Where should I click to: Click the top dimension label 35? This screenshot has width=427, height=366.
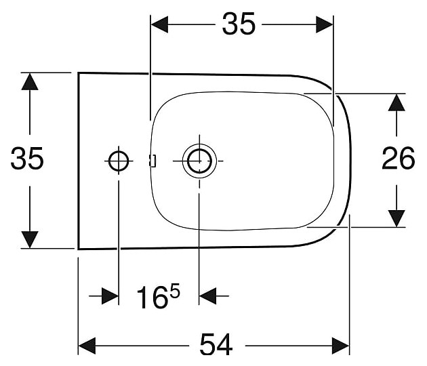tap(239, 24)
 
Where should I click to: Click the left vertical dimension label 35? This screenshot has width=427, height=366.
tap(27, 159)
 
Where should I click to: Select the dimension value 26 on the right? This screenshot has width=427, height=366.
tap(398, 159)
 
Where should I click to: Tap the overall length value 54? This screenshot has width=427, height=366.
tap(216, 346)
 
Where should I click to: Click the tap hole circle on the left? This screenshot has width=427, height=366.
tap(118, 161)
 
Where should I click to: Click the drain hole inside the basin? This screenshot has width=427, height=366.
tap(199, 161)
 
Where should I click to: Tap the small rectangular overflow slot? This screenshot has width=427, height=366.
tap(152, 161)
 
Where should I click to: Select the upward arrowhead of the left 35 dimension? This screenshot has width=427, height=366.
tap(29, 81)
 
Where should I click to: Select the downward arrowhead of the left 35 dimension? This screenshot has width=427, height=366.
tap(29, 239)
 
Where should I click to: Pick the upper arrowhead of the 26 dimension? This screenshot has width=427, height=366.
tap(396, 102)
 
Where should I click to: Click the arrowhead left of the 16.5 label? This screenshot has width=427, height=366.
tap(110, 296)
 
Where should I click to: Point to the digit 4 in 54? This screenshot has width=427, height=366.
tap(225, 346)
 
